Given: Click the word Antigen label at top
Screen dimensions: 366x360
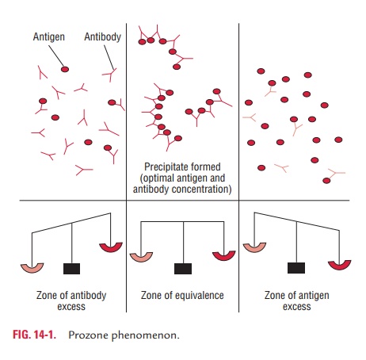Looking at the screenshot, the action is (49, 36).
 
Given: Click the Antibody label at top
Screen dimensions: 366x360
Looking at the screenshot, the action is (103, 36).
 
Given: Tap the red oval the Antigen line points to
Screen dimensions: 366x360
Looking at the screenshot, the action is (65, 69).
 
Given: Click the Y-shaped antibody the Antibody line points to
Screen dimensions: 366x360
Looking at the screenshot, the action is (110, 75).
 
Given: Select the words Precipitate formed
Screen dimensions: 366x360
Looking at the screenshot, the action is (182, 167).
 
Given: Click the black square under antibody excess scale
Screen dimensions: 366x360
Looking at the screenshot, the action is (71, 269).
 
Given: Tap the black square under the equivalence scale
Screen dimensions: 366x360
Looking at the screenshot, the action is (183, 269).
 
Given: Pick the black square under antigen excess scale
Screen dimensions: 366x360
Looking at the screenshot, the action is (296, 268).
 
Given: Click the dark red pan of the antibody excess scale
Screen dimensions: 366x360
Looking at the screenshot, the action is (111, 249).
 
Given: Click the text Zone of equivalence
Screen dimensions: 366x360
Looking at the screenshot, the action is (182, 295).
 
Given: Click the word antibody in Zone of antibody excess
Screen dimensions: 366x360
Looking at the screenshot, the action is (86, 295).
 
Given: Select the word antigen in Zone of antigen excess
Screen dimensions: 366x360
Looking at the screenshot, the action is (314, 295).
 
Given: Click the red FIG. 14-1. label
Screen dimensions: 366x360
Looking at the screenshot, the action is (34, 335).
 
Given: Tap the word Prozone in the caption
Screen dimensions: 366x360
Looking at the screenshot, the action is (88, 335).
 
